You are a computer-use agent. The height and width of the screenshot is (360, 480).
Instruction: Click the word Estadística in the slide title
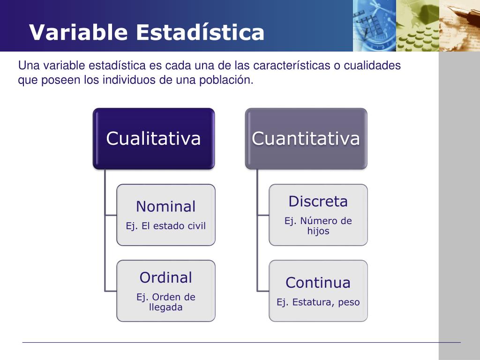tap(200, 33)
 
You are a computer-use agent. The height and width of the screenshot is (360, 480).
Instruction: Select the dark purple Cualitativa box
tap(153, 138)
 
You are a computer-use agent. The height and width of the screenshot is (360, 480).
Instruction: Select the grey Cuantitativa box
tap(306, 138)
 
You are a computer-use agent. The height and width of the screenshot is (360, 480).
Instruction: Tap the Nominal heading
tap(165, 206)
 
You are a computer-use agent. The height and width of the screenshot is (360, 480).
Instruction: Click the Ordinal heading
tap(165, 277)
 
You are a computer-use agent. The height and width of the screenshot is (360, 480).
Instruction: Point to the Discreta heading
tap(318, 202)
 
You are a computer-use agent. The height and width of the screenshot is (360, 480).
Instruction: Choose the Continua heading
tap(318, 283)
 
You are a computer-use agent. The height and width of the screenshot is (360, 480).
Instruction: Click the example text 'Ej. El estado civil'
tap(165, 226)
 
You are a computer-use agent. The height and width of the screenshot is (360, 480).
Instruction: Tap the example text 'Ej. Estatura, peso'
tap(318, 302)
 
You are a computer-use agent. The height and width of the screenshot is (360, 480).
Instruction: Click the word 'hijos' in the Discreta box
tap(318, 231)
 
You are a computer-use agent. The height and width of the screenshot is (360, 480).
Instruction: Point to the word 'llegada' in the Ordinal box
tap(165, 307)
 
